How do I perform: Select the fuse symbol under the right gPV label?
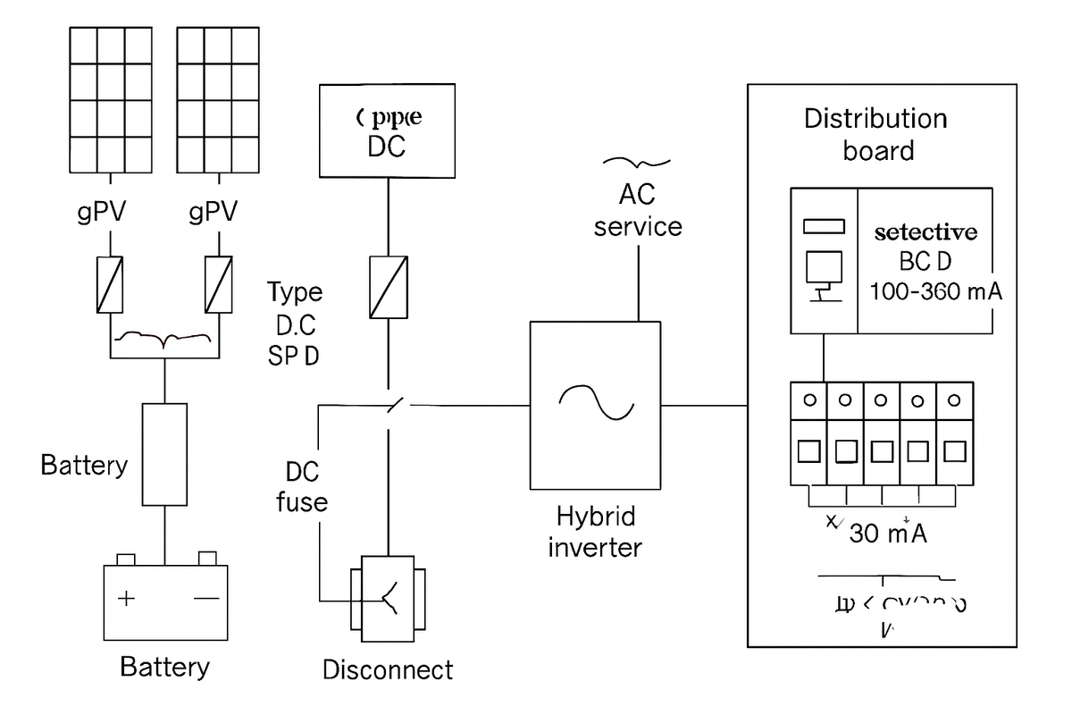pyautogui.click(x=219, y=284)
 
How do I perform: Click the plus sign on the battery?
pyautogui.click(x=128, y=598)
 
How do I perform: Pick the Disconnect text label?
pyautogui.click(x=388, y=669)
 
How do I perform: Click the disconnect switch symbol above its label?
pyautogui.click(x=388, y=596)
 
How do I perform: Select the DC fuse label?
pyautogui.click(x=302, y=487)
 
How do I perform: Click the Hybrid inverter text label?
pyautogui.click(x=595, y=532)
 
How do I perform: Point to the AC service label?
pyautogui.click(x=638, y=210)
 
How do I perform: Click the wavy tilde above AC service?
pyautogui.click(x=637, y=162)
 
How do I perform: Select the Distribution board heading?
pyautogui.click(x=875, y=134)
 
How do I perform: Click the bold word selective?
pyautogui.click(x=925, y=232)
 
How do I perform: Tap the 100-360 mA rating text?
pyautogui.click(x=935, y=292)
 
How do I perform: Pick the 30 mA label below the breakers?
pyautogui.click(x=887, y=533)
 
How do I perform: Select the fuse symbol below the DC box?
pyautogui.click(x=389, y=286)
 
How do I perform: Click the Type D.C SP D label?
pyautogui.click(x=295, y=324)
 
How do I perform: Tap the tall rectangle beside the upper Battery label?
pyautogui.click(x=165, y=454)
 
